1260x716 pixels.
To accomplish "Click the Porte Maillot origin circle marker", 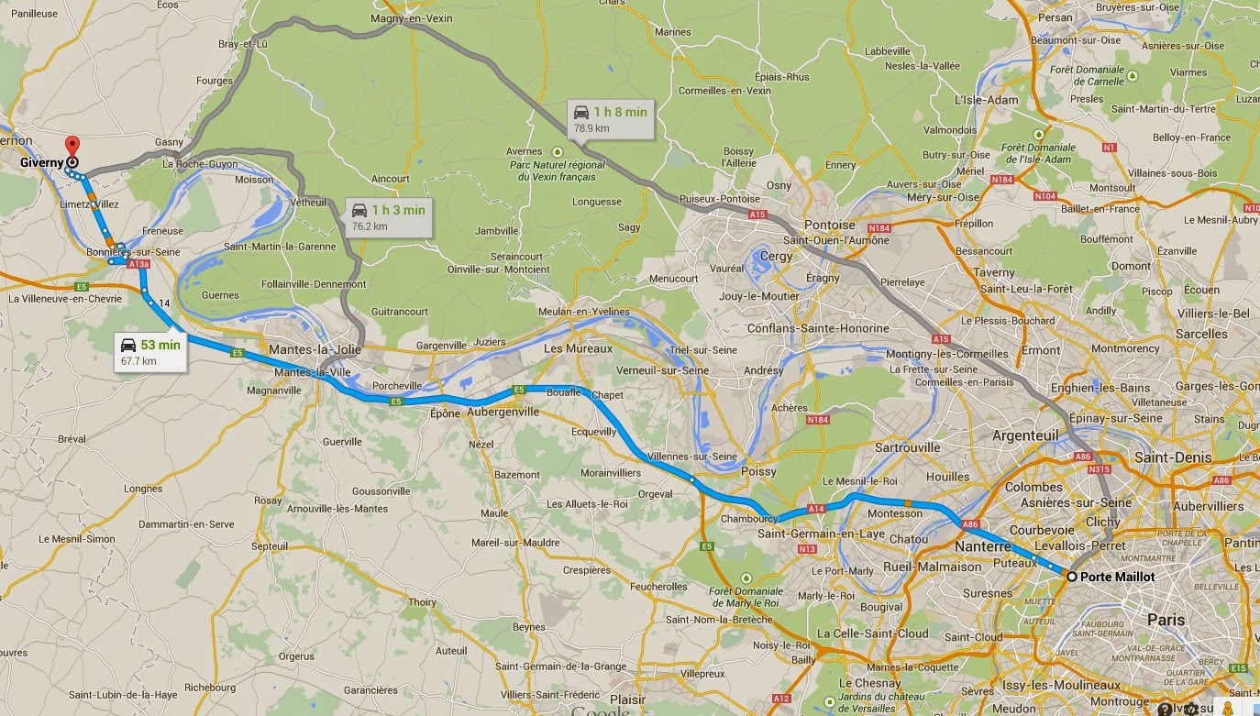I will [x=1071, y=577].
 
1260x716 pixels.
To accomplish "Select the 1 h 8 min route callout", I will [x=610, y=119].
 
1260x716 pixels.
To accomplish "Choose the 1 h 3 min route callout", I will [x=389, y=216].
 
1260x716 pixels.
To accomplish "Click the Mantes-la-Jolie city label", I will [x=315, y=350].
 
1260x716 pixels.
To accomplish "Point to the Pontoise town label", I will [x=829, y=225].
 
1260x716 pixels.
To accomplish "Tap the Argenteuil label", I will [x=1024, y=435].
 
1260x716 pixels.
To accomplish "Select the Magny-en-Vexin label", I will [x=412, y=18].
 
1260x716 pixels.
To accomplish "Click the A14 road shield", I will [x=815, y=509].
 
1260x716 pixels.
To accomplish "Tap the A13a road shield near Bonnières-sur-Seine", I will [x=138, y=264].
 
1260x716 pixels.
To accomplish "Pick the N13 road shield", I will [x=807, y=549].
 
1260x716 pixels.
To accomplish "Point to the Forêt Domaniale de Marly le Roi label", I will [x=746, y=597].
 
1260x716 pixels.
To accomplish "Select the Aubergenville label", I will [x=503, y=413].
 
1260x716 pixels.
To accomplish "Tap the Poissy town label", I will [x=757, y=472].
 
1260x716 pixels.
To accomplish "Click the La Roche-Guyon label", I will [x=200, y=165].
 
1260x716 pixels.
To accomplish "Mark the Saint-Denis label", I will [x=1172, y=457].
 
